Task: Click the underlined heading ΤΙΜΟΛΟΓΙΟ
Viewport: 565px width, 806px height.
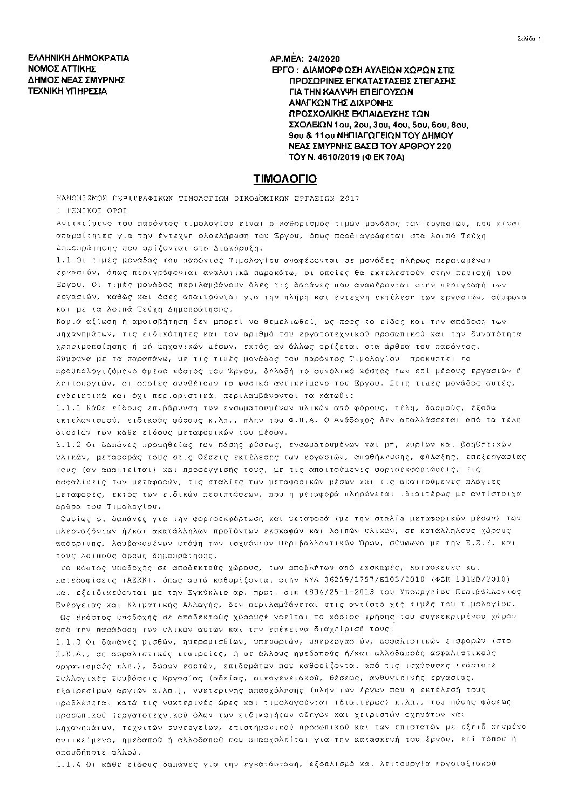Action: tap(285, 179)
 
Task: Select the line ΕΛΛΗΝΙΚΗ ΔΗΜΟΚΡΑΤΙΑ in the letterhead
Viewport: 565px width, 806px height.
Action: tap(78, 58)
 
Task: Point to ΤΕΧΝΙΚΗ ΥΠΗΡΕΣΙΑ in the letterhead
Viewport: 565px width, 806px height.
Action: tap(67, 91)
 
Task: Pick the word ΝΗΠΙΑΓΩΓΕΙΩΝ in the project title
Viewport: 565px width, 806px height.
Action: tap(372, 136)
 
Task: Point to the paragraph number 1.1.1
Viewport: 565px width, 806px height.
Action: tap(66, 407)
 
